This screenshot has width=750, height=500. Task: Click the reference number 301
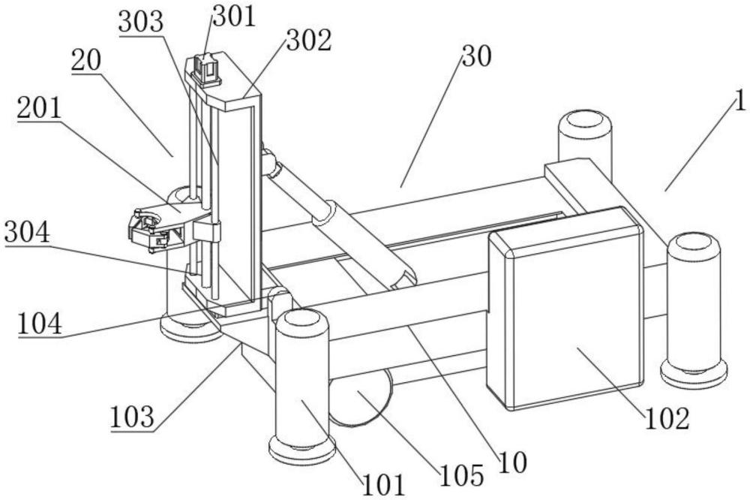[x=234, y=17]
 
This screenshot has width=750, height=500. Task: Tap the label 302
[x=309, y=41]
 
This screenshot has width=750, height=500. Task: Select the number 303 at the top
[x=141, y=22]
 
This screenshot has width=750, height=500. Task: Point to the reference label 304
[x=27, y=233]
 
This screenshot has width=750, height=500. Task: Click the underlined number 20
[x=86, y=61]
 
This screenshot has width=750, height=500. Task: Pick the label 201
[x=40, y=108]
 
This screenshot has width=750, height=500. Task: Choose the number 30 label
[x=476, y=56]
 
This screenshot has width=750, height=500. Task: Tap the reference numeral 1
[x=739, y=101]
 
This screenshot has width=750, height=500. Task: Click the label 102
[x=667, y=418]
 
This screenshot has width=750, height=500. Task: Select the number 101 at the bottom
[x=384, y=485]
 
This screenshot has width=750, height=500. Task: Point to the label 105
[x=462, y=475]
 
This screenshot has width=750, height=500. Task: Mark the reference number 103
[x=133, y=417]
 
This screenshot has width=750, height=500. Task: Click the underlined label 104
[x=40, y=324]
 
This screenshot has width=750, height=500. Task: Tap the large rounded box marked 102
[x=565, y=309]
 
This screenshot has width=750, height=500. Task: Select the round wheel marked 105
[x=361, y=396]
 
